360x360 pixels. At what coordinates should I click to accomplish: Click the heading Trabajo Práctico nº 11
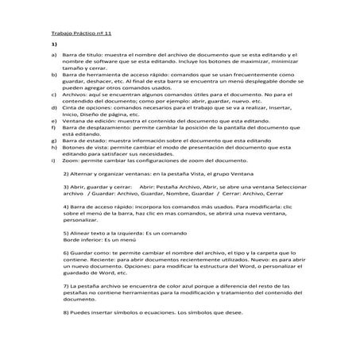[x=71, y=35]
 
